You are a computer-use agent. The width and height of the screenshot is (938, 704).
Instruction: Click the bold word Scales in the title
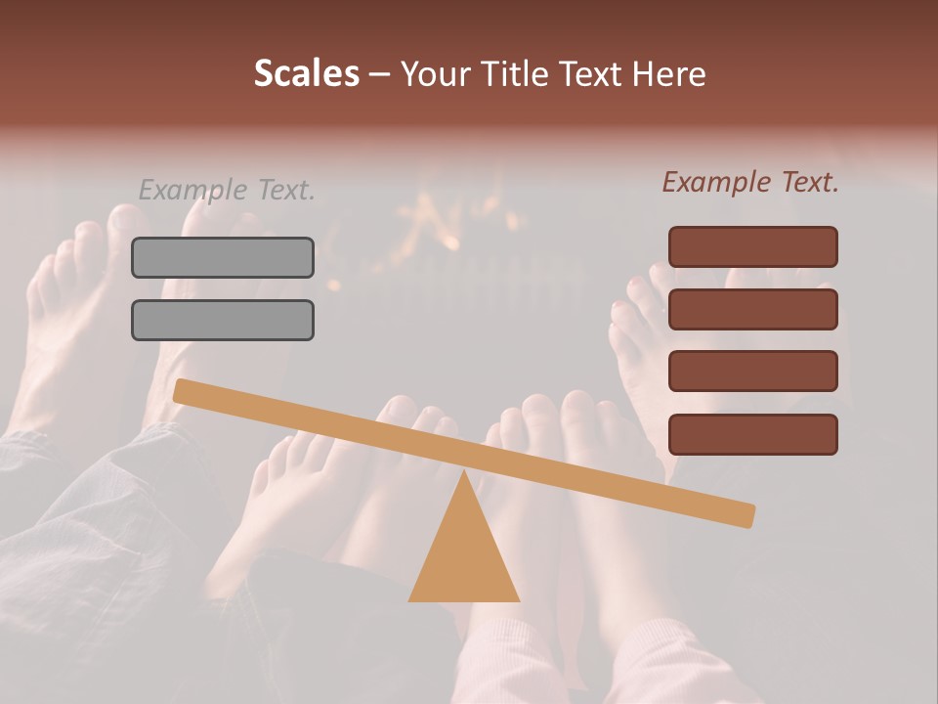click(306, 74)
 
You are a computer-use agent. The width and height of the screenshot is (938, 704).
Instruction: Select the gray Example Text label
click(227, 190)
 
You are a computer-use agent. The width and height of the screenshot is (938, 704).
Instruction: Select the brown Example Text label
click(750, 182)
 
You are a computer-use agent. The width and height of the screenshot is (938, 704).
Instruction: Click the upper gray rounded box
click(223, 257)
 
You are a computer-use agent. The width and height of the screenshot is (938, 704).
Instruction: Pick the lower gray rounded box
click(223, 320)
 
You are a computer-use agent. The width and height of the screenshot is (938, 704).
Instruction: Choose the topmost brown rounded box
click(752, 246)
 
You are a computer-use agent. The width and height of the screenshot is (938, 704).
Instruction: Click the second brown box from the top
click(752, 309)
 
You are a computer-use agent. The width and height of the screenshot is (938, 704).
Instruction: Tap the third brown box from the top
click(752, 372)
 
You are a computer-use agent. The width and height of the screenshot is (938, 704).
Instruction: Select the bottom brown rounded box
click(752, 434)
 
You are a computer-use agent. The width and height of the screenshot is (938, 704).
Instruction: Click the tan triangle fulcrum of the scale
click(464, 552)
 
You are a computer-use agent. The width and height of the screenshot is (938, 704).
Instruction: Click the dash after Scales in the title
click(380, 74)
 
